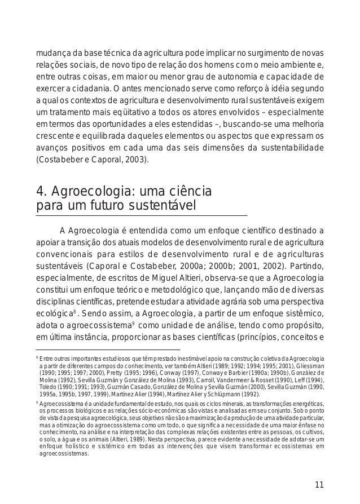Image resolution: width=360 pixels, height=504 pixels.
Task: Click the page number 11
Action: coord(319,484)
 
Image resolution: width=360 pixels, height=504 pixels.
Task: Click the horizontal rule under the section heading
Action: coord(142,215)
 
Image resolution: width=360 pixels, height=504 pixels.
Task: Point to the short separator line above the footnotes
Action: coord(107,350)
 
